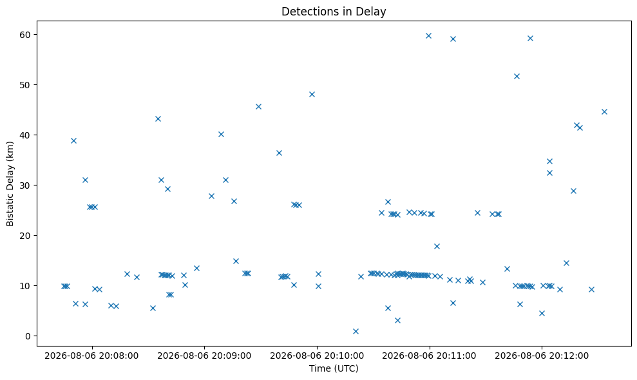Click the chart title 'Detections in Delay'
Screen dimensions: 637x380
coord(334,12)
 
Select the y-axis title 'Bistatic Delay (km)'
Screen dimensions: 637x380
coord(10,184)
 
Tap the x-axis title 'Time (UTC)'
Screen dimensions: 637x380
coord(334,368)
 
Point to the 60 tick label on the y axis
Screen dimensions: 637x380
coord(25,35)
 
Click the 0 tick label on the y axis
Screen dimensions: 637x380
coord(28,336)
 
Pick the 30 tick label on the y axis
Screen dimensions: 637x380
coord(25,185)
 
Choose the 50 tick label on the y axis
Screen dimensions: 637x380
coord(25,85)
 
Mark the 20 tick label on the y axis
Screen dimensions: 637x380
coord(25,236)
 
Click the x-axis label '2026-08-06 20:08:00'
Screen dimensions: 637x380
coord(91,356)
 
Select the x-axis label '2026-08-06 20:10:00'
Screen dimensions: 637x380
coord(317,356)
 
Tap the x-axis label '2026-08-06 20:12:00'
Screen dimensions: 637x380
coord(542,356)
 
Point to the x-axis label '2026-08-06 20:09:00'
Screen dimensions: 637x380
coord(204,356)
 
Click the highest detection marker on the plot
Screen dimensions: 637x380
coord(428,36)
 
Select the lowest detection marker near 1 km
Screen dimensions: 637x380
coord(356,331)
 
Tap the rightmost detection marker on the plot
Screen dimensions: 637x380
coord(604,112)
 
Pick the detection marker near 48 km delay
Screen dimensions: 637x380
coord(312,94)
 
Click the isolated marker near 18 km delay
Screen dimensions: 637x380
coord(437,246)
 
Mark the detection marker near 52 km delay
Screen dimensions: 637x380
coord(517,76)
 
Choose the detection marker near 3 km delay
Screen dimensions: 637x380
coord(397,320)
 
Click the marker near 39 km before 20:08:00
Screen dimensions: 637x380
coord(73,140)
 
